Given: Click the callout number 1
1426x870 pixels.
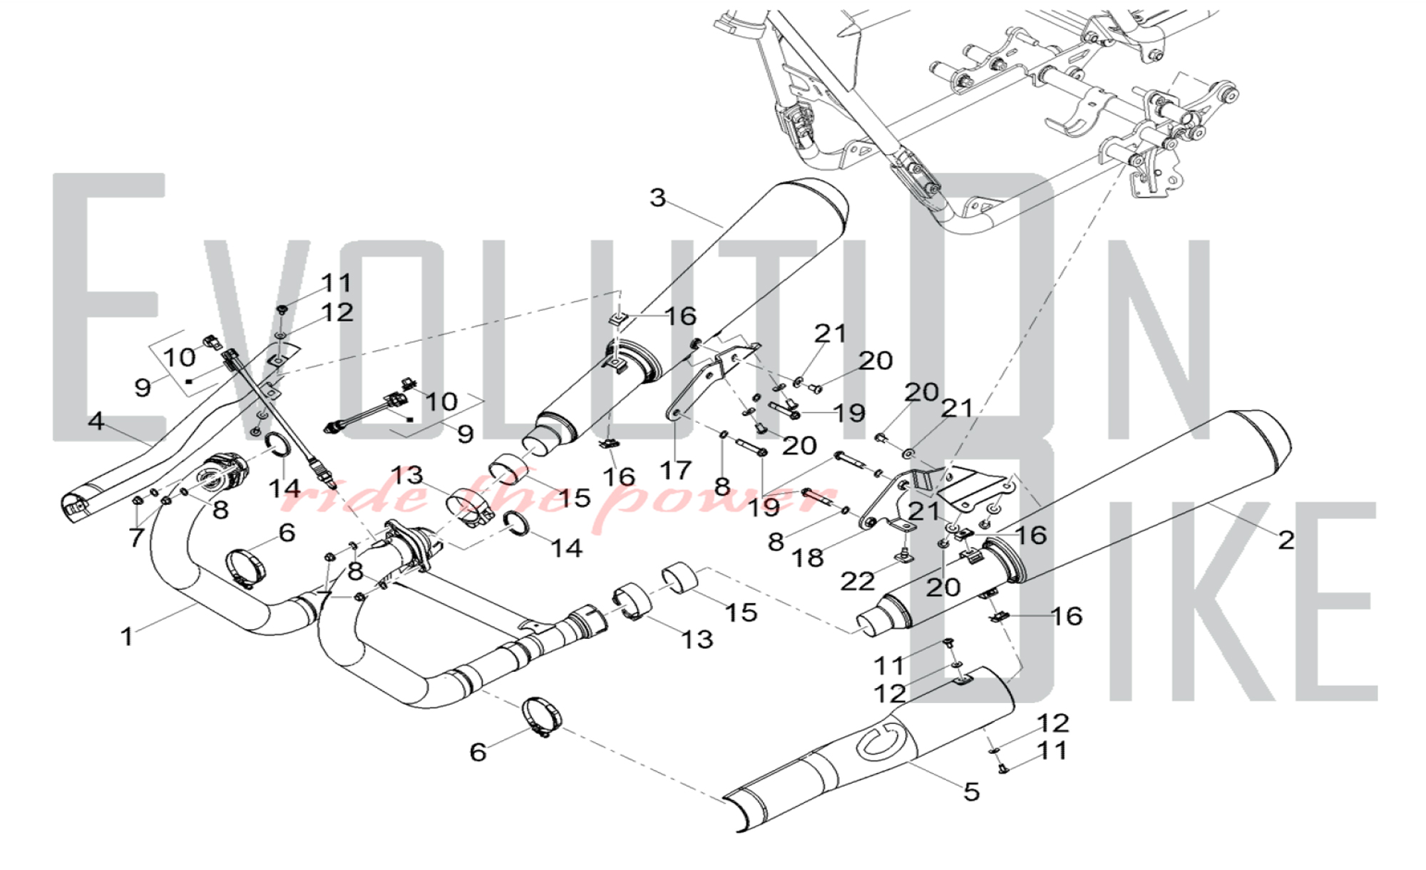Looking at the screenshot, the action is pos(127,636).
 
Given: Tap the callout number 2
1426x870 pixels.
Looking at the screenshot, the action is pos(1286,540).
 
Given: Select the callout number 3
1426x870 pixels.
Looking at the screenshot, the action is pos(657,198).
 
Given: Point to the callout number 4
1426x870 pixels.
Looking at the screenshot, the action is pos(96,421).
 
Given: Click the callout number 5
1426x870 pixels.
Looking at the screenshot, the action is pos(971,792).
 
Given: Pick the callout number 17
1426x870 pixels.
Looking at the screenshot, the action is pos(675,470).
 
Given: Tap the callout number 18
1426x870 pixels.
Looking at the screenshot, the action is pos(807,558).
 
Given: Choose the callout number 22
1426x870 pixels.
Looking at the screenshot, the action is pos(857,581).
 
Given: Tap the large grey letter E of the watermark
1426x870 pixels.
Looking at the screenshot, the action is pos(107,307).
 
